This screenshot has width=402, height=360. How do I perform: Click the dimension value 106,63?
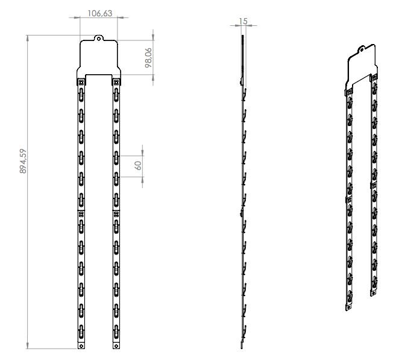tap(99, 13)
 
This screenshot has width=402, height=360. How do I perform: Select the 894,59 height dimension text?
tap(23, 161)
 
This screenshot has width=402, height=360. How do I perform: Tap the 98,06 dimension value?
tap(148, 58)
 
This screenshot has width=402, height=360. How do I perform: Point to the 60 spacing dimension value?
tap(138, 166)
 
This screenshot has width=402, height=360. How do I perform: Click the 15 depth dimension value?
tap(243, 21)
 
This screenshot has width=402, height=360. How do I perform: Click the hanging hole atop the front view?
tap(98, 39)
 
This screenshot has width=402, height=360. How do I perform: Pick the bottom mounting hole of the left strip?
tap(81, 346)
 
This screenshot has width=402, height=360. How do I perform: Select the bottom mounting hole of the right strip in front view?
tap(116, 346)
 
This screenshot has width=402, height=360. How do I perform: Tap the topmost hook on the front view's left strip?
tap(81, 95)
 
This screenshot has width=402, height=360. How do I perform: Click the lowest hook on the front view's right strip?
tap(116, 332)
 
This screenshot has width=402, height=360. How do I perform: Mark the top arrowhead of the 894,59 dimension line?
tap(28, 38)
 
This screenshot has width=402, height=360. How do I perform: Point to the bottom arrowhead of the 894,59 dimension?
tap(28, 346)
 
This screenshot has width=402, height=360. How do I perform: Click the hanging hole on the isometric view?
tap(362, 49)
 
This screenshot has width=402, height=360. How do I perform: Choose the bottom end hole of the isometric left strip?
tap(348, 307)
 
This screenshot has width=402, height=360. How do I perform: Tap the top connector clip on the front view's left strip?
tap(81, 82)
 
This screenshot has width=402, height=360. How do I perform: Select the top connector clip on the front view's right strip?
tap(116, 82)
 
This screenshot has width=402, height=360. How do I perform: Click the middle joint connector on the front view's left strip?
tap(81, 213)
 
